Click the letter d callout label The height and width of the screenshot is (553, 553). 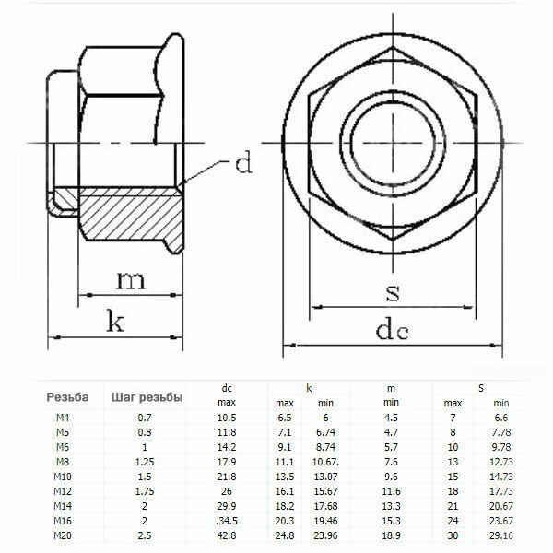click(243, 162)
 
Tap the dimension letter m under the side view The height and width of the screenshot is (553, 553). click(131, 280)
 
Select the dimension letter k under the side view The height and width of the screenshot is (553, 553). click(115, 322)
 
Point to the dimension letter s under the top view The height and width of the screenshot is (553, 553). click(393, 293)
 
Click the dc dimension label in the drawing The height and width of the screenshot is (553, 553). click(393, 329)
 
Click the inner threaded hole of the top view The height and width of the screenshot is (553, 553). click(393, 143)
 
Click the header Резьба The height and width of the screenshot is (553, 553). click(67, 397)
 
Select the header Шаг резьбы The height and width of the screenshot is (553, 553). click(147, 397)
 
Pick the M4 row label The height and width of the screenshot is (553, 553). click(63, 418)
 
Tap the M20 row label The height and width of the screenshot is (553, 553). click(63, 535)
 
